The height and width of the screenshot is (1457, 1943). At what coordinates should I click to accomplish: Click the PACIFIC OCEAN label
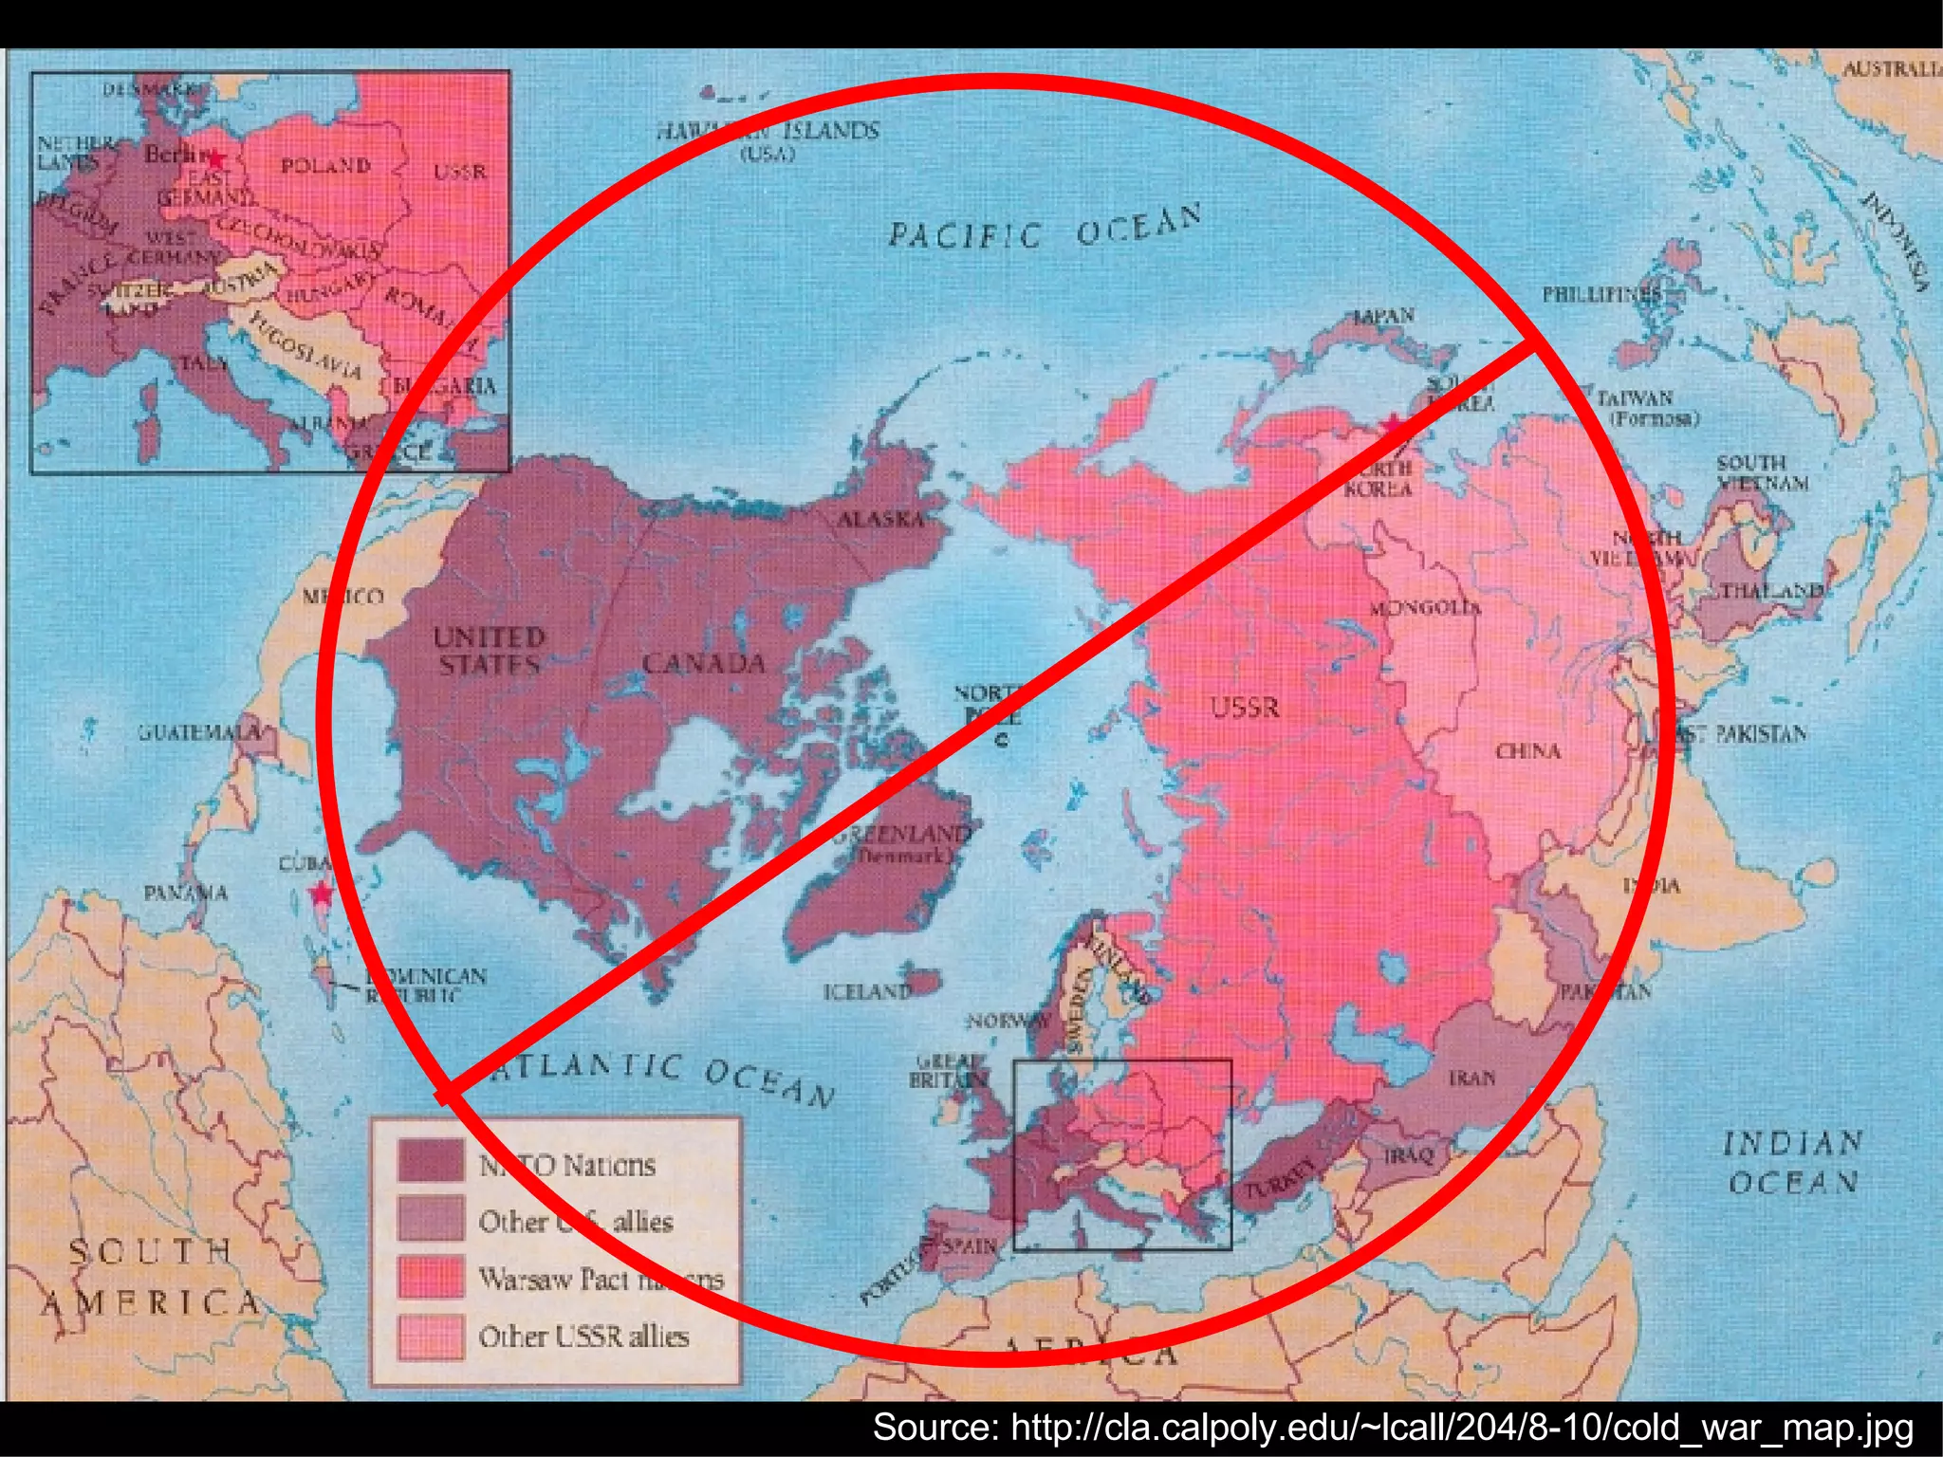click(1044, 228)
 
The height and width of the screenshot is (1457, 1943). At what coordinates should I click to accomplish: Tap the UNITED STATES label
click(489, 650)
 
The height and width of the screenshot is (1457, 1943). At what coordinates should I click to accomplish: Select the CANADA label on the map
click(703, 663)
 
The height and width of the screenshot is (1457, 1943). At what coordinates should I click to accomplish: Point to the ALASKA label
click(880, 519)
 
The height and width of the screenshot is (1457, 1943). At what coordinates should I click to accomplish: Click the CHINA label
click(1528, 751)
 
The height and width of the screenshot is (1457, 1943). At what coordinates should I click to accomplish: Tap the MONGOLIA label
click(1425, 607)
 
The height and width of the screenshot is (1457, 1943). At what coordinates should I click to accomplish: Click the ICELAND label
click(866, 992)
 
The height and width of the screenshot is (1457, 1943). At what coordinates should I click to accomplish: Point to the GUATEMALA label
click(199, 732)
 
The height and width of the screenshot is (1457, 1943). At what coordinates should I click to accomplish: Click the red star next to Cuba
click(323, 894)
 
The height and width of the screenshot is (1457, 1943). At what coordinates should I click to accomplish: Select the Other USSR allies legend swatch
click(431, 1336)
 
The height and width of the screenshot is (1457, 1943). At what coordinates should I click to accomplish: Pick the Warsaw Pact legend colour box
click(431, 1277)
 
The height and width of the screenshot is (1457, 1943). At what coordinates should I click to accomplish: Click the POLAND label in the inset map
click(325, 166)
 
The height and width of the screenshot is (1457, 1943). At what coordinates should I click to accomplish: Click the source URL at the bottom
click(1393, 1428)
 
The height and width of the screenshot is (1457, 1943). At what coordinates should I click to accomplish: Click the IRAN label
click(1471, 1079)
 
